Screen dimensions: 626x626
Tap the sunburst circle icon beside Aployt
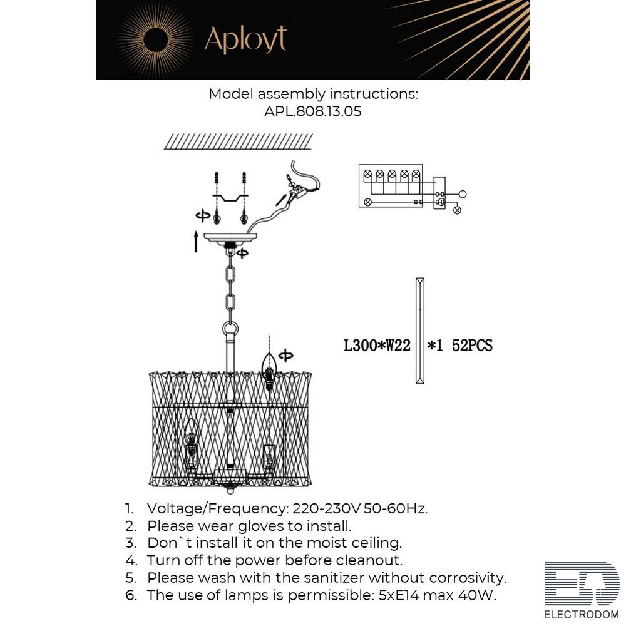click(x=155, y=40)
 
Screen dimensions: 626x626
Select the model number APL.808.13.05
click(x=312, y=111)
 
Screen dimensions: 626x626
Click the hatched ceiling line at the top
click(x=238, y=141)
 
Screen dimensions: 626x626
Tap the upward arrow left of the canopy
click(x=196, y=241)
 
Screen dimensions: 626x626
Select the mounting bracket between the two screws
click(x=230, y=197)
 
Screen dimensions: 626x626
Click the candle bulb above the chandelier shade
click(x=269, y=370)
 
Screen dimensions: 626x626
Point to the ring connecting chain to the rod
click(x=230, y=330)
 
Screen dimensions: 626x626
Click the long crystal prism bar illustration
click(x=420, y=331)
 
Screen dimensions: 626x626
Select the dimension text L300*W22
click(x=377, y=346)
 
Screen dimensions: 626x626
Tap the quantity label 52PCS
click(x=472, y=346)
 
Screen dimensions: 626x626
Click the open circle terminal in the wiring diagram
click(x=463, y=195)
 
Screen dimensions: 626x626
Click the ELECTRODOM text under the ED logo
click(x=582, y=615)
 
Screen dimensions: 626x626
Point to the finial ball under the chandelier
click(x=230, y=490)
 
